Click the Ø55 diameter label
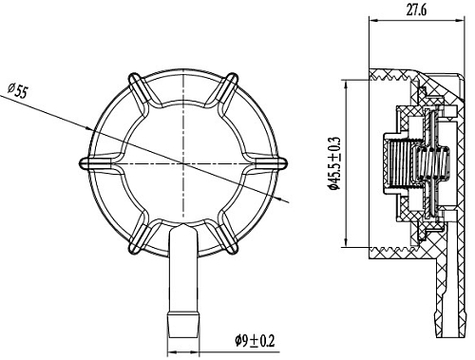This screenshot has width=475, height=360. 18,91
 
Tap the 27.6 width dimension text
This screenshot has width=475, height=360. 416,10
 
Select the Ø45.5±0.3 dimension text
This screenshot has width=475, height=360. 334,163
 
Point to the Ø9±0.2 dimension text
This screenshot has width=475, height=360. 255,341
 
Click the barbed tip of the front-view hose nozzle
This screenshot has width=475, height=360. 183,325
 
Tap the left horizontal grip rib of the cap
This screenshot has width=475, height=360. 101,162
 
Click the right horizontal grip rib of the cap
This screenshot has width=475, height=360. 266,162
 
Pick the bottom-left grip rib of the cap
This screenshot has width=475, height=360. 139,236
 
